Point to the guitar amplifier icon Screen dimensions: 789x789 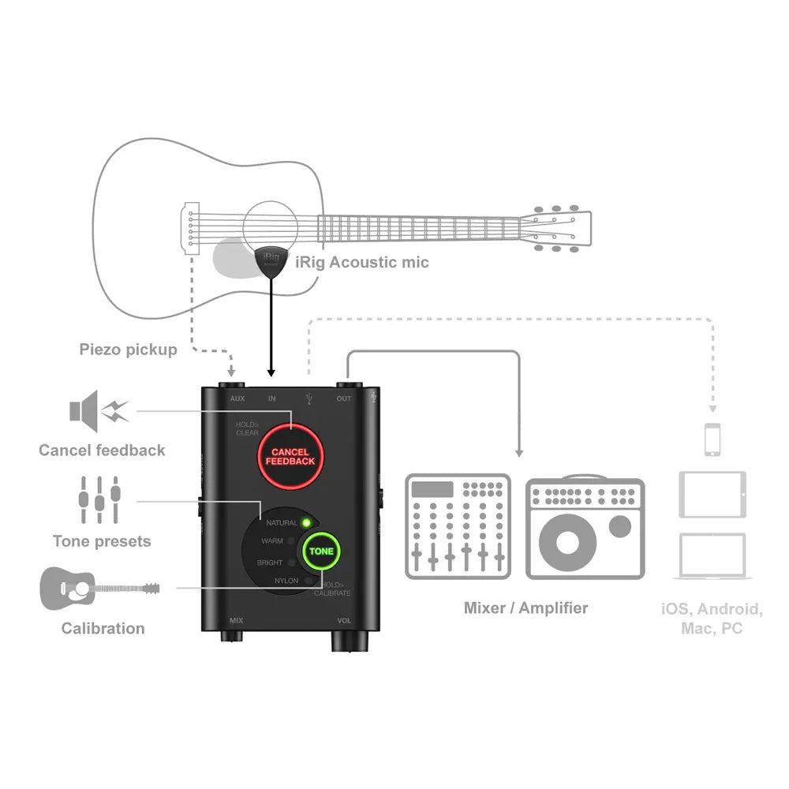pos(585,526)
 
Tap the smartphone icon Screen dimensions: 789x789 pos(712,439)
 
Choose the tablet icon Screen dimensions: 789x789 pos(712,494)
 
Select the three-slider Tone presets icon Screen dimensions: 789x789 pos(99,499)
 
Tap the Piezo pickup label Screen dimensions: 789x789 pos(128,349)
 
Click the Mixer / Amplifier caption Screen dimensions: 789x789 pos(525,608)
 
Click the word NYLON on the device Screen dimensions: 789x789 pos(286,581)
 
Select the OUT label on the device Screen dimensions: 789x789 pos(344,398)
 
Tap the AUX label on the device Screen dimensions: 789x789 pos(237,398)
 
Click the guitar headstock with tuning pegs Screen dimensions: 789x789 pos(560,229)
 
